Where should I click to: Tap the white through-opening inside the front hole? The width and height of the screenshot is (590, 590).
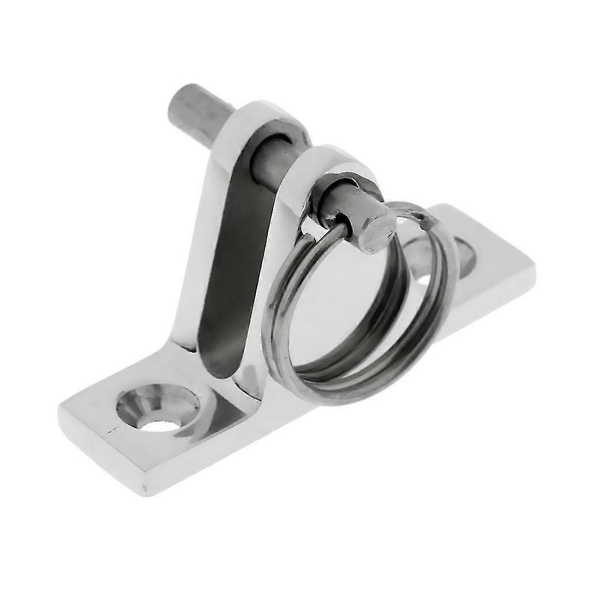click(160, 426)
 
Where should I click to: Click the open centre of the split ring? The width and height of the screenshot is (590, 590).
click(346, 311)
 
